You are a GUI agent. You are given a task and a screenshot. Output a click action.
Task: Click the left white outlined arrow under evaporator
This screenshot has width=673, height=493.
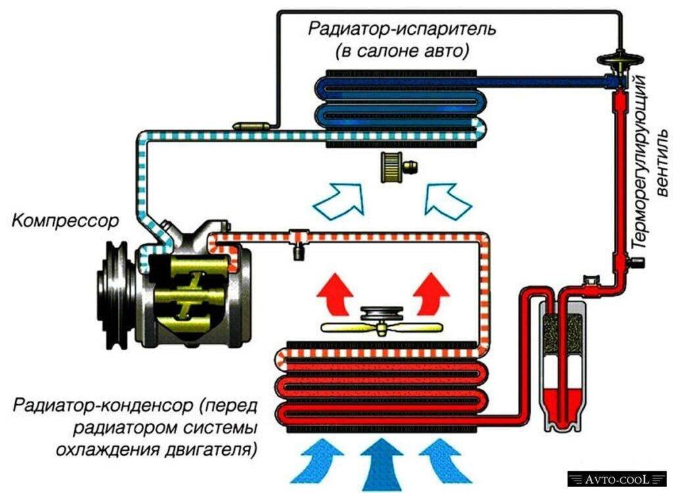tap(340, 199)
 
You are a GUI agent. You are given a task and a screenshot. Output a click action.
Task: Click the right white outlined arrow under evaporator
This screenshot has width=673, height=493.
tap(448, 199)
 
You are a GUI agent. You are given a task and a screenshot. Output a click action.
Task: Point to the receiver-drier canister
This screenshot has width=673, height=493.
tap(563, 369)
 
